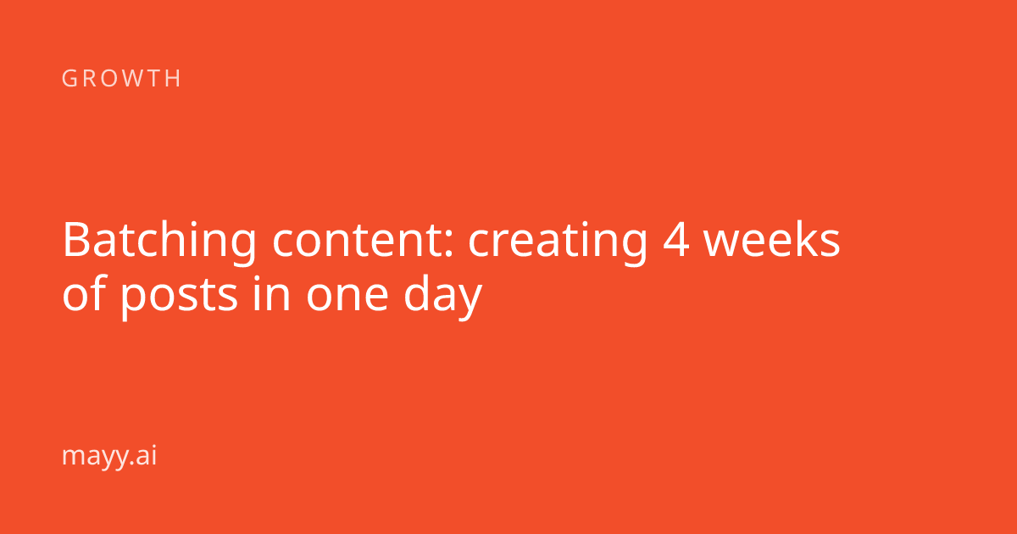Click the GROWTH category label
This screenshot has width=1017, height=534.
(x=121, y=78)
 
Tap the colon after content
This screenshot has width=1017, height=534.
(x=448, y=245)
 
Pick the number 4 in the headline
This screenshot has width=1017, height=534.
(x=676, y=241)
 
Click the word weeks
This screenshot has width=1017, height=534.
(x=772, y=240)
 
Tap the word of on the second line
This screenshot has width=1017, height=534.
(x=85, y=293)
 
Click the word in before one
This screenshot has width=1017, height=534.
(x=271, y=293)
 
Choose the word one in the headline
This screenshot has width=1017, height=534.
(x=347, y=298)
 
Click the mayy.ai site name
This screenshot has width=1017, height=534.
(x=109, y=456)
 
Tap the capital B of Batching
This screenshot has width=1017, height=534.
(x=77, y=241)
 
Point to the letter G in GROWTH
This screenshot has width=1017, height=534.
(x=69, y=78)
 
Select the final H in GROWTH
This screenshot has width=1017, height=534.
(x=174, y=78)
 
